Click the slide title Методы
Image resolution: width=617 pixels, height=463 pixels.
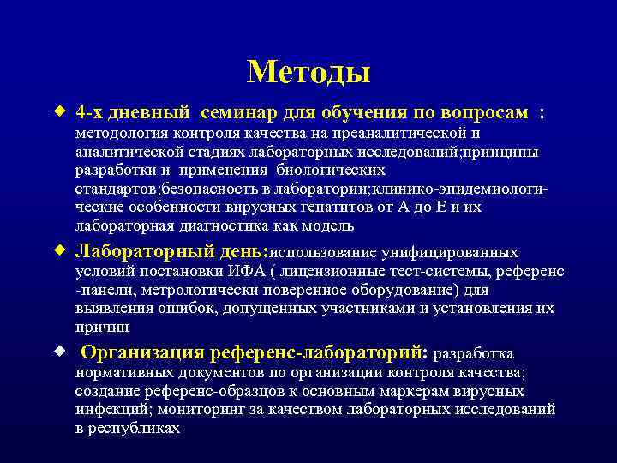[308, 72]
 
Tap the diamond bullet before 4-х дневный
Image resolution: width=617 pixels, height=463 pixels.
[59, 111]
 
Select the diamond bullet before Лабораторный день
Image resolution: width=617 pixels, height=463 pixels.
[59, 250]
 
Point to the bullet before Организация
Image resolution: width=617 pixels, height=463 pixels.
[59, 351]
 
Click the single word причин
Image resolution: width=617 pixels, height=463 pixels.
[102, 327]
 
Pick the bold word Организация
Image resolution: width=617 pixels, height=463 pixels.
[159, 352]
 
